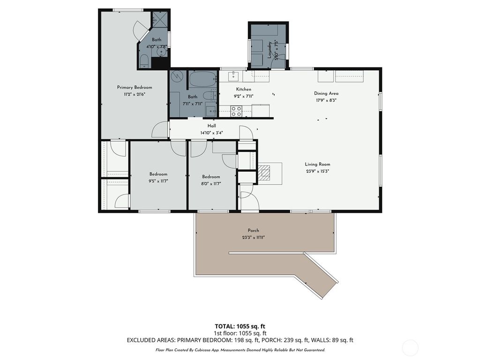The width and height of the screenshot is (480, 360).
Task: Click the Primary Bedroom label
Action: [x=135, y=87]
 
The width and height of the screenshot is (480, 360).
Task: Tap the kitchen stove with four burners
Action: [x=236, y=112]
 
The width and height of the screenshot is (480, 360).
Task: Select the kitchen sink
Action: [x=233, y=76]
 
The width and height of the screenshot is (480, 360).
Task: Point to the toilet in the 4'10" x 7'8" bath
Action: [x=144, y=61]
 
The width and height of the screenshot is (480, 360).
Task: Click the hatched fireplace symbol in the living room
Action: [x=265, y=173]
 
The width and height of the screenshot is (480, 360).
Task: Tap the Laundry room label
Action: [x=270, y=49]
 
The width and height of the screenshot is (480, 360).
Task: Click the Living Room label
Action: [x=317, y=164]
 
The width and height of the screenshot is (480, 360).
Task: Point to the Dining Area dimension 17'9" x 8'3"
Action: [x=326, y=100]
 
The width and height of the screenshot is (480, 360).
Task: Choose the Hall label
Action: [x=212, y=126]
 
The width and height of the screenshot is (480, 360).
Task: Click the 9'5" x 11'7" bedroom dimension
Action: [x=158, y=181]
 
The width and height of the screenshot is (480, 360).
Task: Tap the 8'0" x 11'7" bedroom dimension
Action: [x=210, y=183]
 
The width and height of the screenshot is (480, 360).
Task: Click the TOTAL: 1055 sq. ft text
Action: [x=240, y=326]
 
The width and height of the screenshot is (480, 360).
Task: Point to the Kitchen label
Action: [x=243, y=89]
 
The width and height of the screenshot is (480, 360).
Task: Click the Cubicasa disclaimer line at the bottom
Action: [x=240, y=350]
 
